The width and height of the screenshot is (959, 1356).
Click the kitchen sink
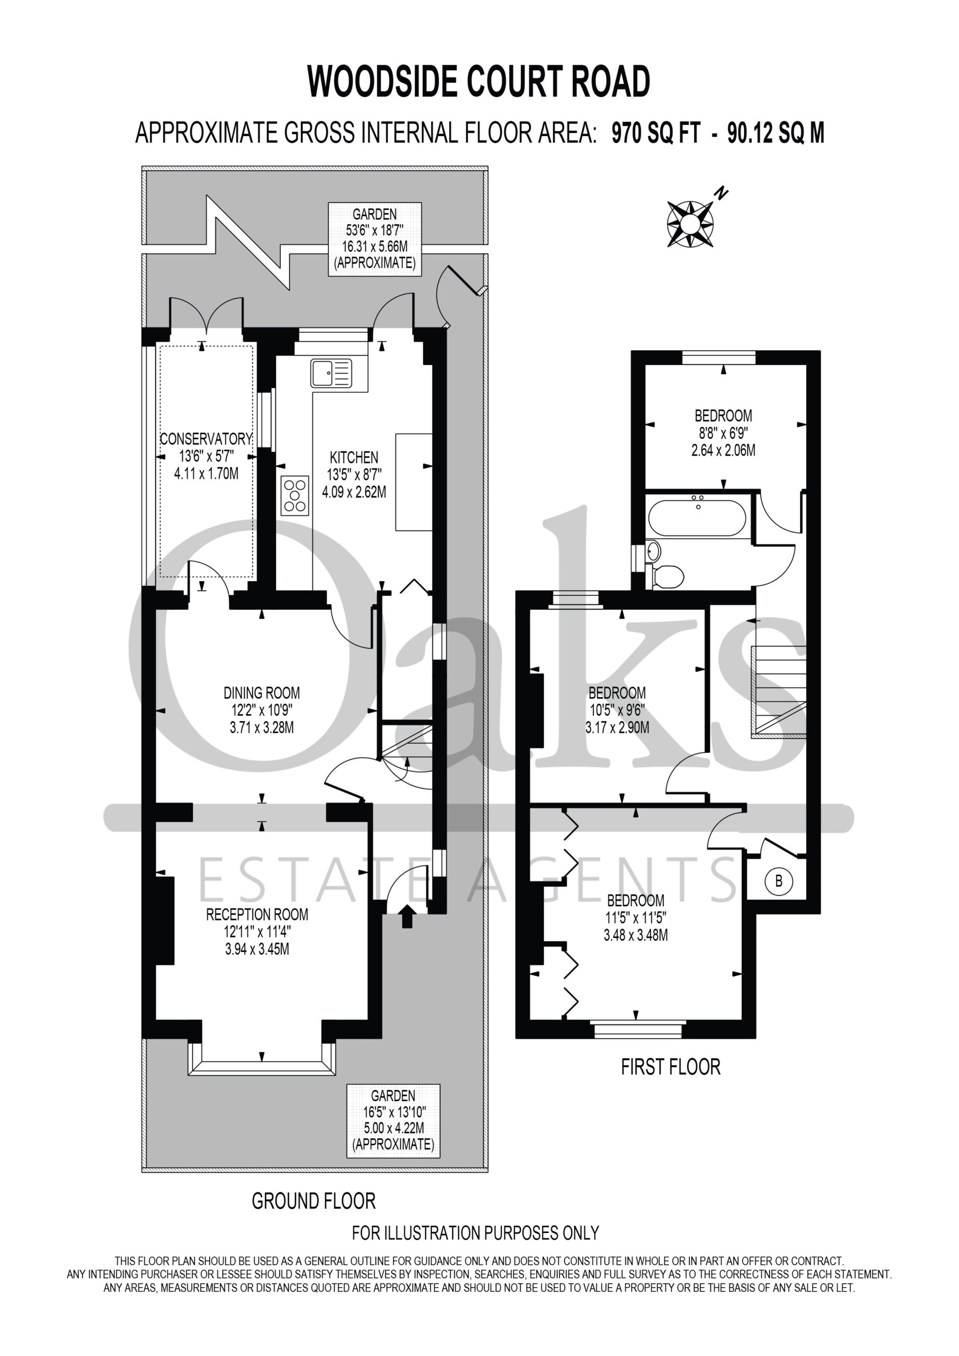[x=331, y=373]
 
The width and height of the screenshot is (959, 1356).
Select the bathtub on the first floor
[x=697, y=518]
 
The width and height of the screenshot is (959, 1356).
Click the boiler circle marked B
[x=778, y=881]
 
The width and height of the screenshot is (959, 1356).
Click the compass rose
[x=690, y=223]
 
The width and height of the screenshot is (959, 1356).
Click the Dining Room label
[x=262, y=693]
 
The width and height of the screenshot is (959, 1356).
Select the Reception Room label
[x=257, y=914]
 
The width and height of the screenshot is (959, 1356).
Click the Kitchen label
[x=354, y=457]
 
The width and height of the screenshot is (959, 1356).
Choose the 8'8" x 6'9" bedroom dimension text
[x=723, y=433]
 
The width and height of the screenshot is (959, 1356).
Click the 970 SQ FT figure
[x=655, y=133]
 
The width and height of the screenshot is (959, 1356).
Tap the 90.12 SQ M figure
[x=776, y=133]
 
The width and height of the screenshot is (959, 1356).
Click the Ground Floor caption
[x=314, y=1201]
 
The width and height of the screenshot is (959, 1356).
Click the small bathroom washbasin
[x=653, y=551]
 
